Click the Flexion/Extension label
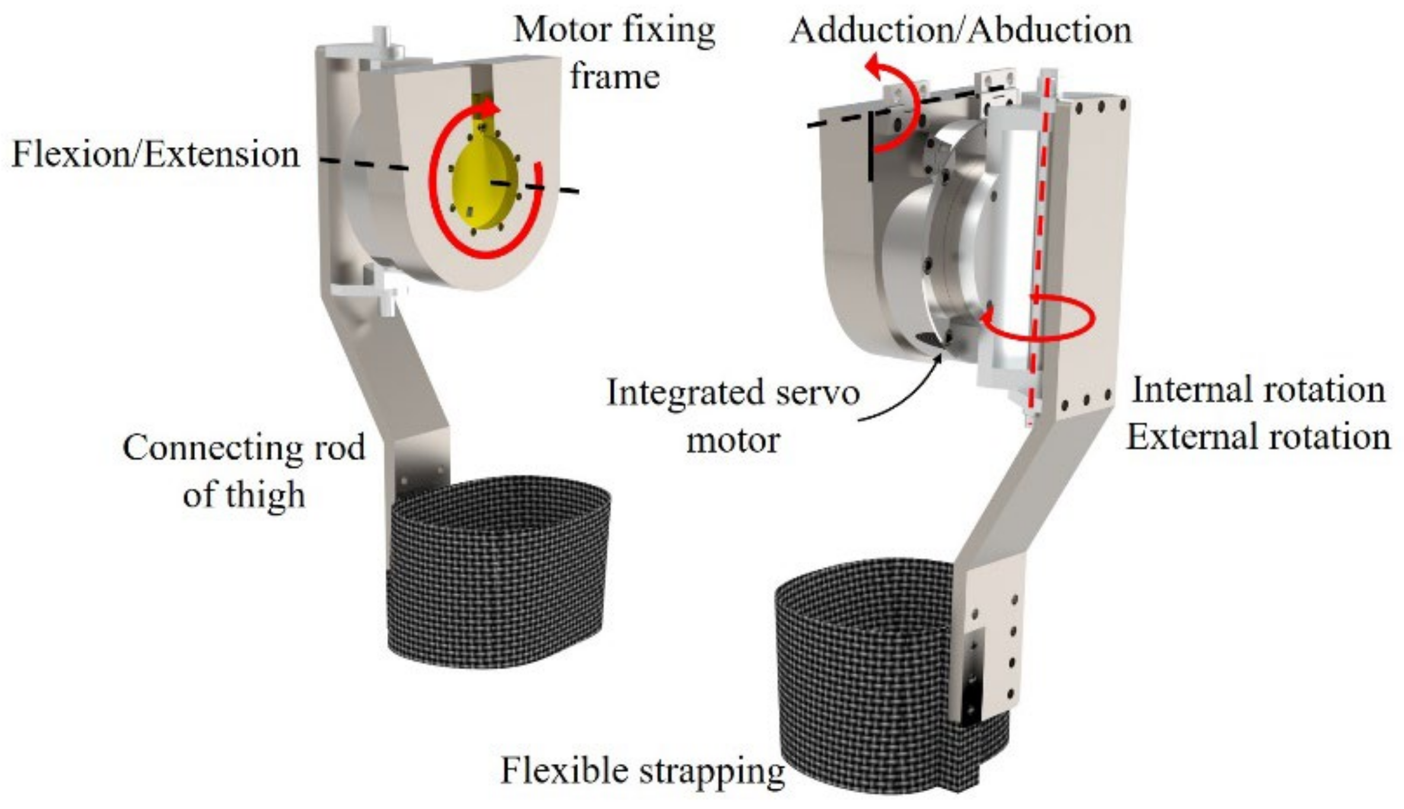click(155, 155)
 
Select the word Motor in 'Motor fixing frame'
click(554, 30)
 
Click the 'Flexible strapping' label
click(642, 771)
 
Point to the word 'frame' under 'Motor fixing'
click(615, 77)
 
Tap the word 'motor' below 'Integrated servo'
click(733, 441)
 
